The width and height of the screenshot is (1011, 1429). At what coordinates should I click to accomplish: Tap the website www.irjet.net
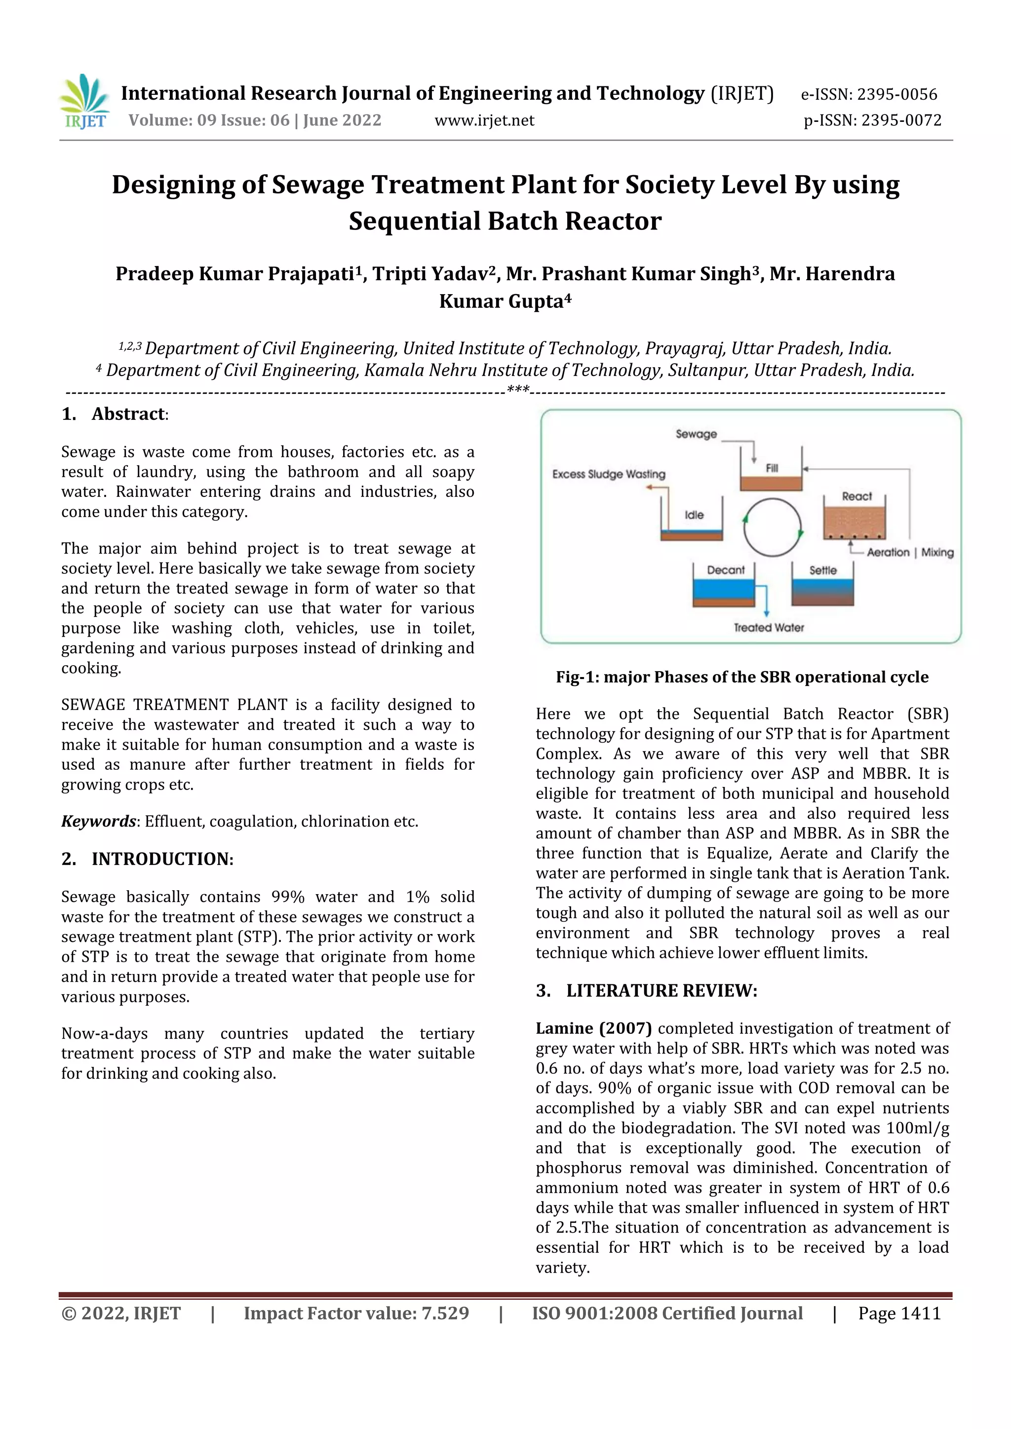coord(484,120)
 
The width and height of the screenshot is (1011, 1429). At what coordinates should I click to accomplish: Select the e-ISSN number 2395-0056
coord(868,95)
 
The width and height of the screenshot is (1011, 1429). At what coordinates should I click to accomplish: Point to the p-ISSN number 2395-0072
coord(872,120)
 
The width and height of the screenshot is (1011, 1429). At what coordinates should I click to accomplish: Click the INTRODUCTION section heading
coord(162,859)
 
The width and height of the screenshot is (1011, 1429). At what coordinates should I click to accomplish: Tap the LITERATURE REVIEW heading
coord(661,991)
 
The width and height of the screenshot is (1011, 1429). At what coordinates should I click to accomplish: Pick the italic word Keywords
coord(98,822)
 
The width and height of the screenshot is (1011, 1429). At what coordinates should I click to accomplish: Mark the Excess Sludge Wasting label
coord(608,474)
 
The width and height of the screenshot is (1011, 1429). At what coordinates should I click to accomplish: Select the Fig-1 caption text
coord(742,677)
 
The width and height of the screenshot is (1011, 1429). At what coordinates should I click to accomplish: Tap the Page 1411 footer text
coord(899,1313)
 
